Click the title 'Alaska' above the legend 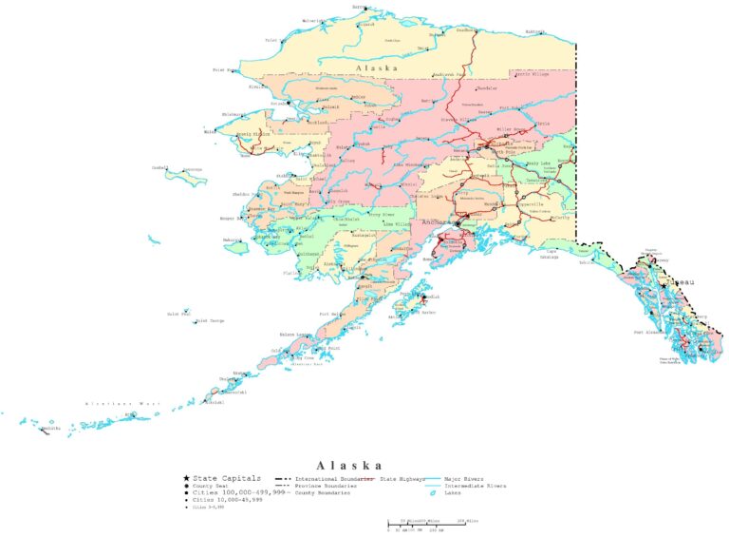point(350,466)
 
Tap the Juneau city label point(679,282)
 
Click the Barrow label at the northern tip point(362,7)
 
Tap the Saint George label point(210,321)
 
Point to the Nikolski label point(213,403)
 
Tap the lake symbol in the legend point(432,492)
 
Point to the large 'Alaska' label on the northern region point(375,69)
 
